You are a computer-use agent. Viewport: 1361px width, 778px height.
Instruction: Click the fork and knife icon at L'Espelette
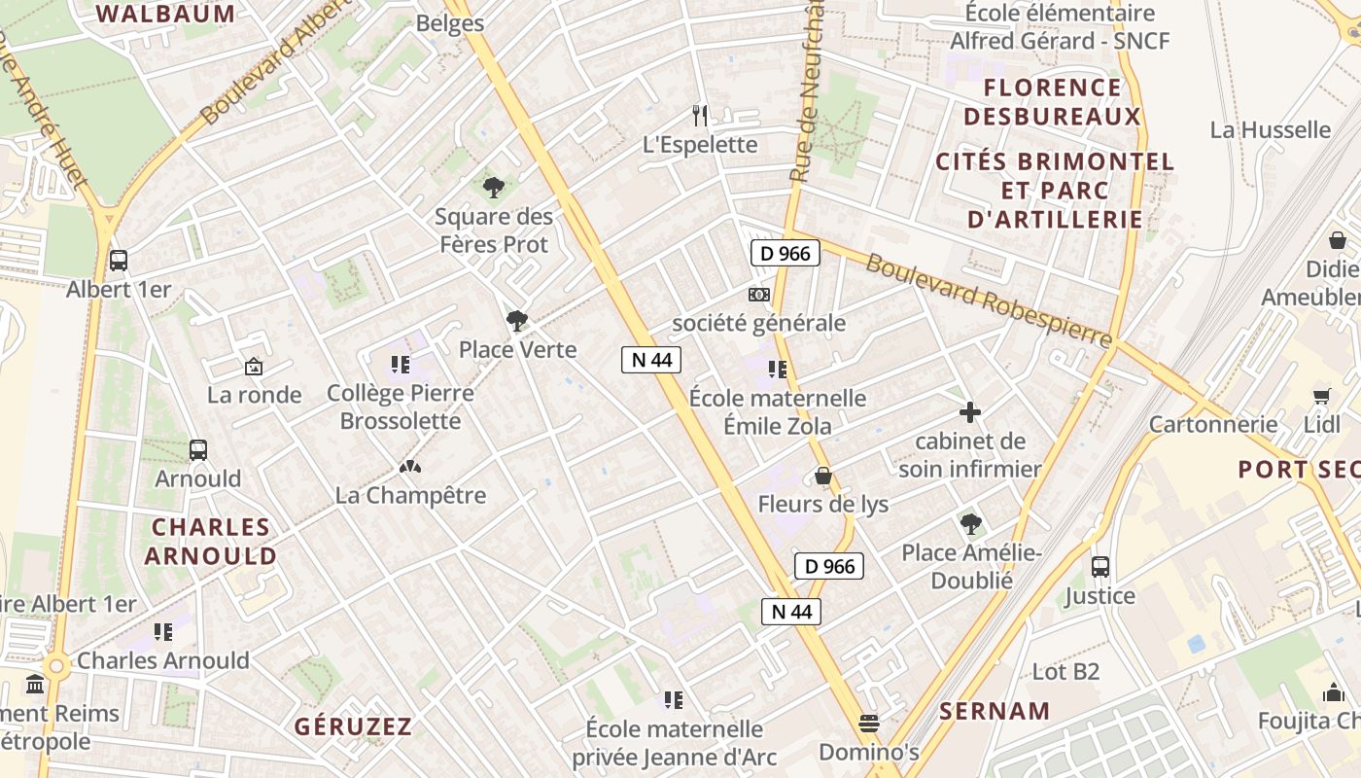(700, 116)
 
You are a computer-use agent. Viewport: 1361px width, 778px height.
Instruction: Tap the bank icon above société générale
(759, 294)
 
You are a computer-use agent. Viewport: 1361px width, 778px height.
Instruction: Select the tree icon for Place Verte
(517, 320)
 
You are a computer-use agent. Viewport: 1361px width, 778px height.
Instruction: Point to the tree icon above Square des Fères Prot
(494, 187)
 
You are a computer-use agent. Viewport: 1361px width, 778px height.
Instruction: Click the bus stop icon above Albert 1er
(119, 261)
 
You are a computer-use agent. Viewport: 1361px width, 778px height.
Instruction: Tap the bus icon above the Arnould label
(198, 449)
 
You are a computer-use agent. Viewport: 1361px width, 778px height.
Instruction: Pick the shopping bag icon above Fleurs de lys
(823, 476)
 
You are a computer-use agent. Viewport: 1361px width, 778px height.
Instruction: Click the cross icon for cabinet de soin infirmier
(969, 412)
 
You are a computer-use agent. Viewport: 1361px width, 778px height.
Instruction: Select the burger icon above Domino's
(869, 724)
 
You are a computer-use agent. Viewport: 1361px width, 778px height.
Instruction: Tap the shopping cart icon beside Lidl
(1321, 396)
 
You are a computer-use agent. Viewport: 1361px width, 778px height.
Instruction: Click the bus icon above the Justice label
(1100, 566)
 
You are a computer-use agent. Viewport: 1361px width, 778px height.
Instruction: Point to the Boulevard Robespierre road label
(988, 300)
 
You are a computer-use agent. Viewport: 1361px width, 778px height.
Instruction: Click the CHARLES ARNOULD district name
(211, 542)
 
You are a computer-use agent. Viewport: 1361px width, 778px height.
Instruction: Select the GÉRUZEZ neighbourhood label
(353, 726)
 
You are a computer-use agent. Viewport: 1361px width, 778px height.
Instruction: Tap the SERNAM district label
(995, 711)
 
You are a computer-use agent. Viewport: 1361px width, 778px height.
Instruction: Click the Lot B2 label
(1065, 671)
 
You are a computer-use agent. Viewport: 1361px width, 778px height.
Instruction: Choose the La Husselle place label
(1270, 129)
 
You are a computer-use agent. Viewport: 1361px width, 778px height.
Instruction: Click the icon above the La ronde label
(254, 367)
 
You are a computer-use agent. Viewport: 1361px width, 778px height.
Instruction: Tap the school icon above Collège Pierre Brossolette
(400, 365)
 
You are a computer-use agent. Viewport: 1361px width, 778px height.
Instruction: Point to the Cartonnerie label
(1213, 424)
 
